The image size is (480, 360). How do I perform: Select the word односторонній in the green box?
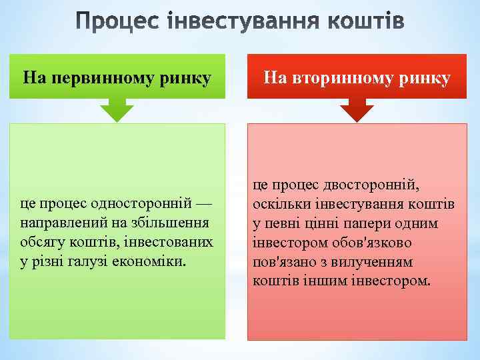[x=147, y=201]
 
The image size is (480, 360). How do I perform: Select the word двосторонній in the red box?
[x=376, y=183]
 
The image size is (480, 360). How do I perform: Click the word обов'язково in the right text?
[x=373, y=241]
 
